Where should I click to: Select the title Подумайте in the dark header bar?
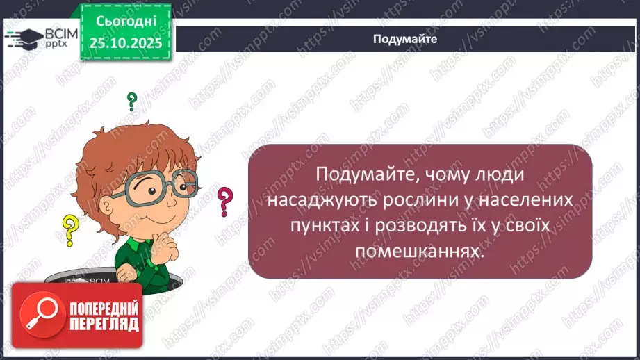404,40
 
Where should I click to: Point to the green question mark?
131,102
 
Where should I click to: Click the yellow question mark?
69,230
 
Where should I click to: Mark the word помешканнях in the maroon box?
418,251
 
